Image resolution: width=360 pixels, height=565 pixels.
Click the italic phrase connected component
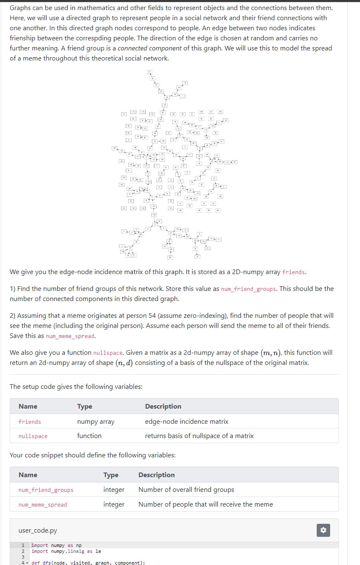coord(150,48)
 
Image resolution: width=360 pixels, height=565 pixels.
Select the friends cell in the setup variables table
coord(30,422)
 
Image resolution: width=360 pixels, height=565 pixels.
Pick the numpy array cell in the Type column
coord(96,422)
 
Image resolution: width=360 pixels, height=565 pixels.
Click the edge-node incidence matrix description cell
coord(187,422)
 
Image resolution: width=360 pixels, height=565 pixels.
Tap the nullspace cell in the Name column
coord(33,436)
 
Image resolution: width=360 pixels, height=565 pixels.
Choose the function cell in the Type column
coord(89,436)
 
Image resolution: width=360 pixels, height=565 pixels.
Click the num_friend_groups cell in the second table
coord(46,490)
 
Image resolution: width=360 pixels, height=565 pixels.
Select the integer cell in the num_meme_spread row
coord(114,504)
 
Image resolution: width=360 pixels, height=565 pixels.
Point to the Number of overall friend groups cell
coord(186,490)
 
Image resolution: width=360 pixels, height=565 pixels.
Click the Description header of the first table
coord(163,407)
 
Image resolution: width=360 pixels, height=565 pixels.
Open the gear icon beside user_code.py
coord(323,531)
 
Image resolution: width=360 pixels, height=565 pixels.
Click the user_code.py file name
coord(38,531)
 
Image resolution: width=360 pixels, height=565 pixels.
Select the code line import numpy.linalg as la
coord(66,552)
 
